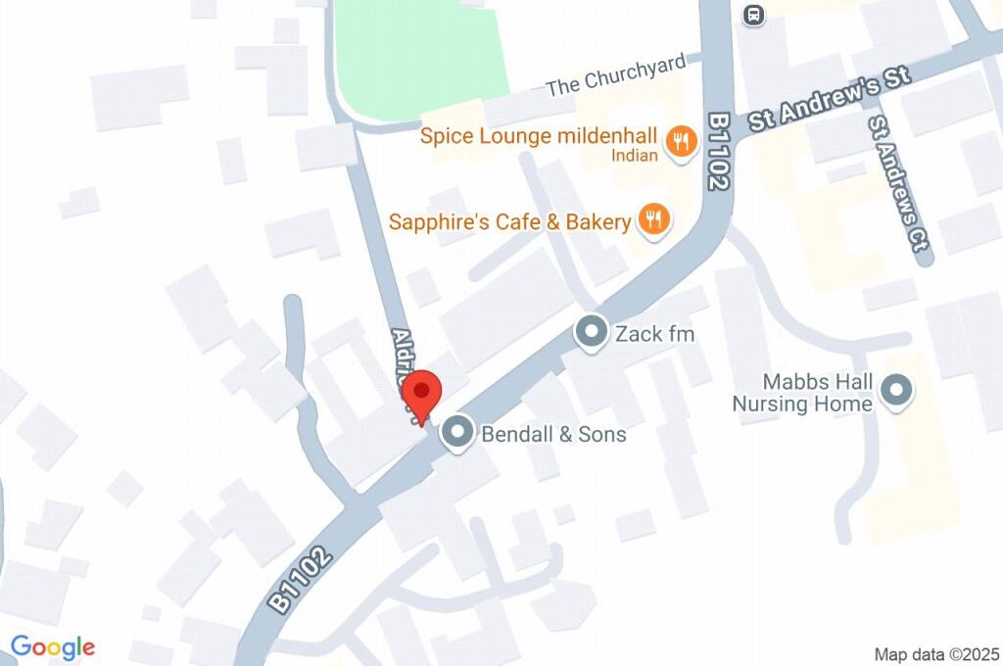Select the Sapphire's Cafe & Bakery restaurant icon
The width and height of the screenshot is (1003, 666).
coord(653,220)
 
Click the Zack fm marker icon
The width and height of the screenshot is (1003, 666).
coord(591,333)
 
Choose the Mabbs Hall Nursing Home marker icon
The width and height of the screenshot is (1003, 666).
coord(894,393)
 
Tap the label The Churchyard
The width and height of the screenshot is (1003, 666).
coord(616,76)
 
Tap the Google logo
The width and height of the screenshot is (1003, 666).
coord(53,646)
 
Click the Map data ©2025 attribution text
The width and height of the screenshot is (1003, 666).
coord(936,653)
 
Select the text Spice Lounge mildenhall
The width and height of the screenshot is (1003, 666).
coord(542,135)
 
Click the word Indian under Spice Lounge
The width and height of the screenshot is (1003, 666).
coord(635,155)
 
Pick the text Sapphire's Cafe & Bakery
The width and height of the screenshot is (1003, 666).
coord(509,222)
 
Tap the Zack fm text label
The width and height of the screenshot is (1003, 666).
coord(654,334)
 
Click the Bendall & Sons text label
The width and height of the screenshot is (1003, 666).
coord(553,433)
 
